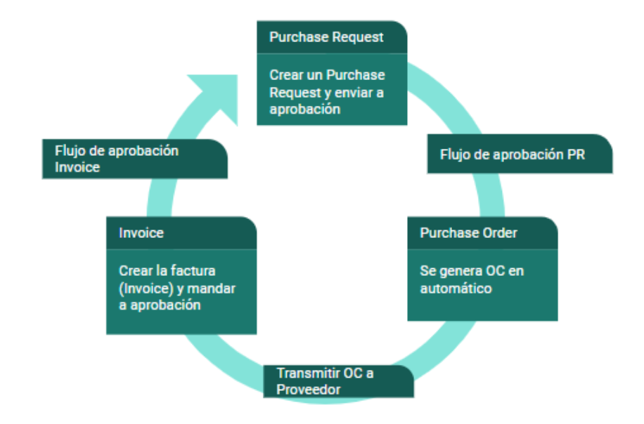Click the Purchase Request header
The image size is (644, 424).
point(332,37)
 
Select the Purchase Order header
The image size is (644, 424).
point(482,233)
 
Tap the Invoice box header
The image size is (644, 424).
point(181,233)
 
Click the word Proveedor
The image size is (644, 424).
point(309,389)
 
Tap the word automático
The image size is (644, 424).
point(456,289)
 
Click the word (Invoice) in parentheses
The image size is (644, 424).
point(146,289)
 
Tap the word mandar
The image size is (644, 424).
point(212,289)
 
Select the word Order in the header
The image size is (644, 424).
point(500,233)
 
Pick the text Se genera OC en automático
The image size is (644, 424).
point(472,279)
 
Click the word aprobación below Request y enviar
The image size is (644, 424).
point(304,110)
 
